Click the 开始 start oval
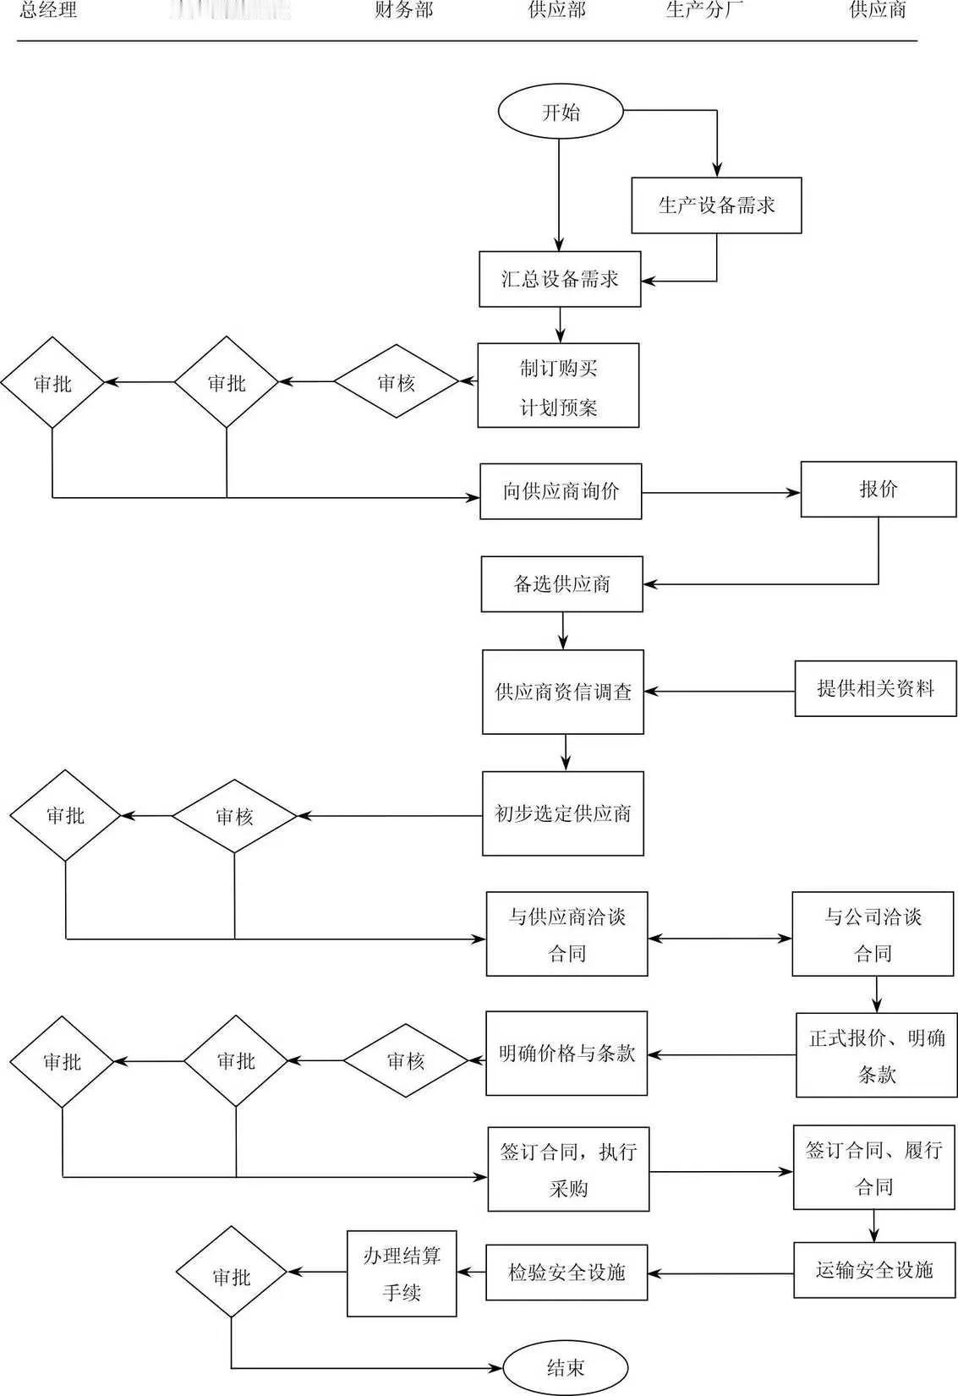click(x=561, y=112)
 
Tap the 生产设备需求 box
click(x=716, y=205)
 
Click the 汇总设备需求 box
click(x=560, y=279)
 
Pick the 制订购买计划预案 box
click(x=558, y=386)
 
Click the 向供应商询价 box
click(x=561, y=491)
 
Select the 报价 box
click(x=879, y=490)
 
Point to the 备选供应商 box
click(x=561, y=584)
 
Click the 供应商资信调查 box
click(x=563, y=692)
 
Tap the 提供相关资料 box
click(x=875, y=688)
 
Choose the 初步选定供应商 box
click(x=563, y=813)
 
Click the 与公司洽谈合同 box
click(x=873, y=934)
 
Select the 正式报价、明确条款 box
click(x=876, y=1055)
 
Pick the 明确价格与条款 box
click(x=567, y=1054)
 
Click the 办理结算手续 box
click(x=402, y=1273)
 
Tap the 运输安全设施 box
click(x=874, y=1270)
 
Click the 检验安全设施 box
click(x=567, y=1273)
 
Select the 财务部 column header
click(x=403, y=10)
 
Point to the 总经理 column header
click(x=48, y=10)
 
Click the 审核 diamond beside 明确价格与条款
click(x=406, y=1060)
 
